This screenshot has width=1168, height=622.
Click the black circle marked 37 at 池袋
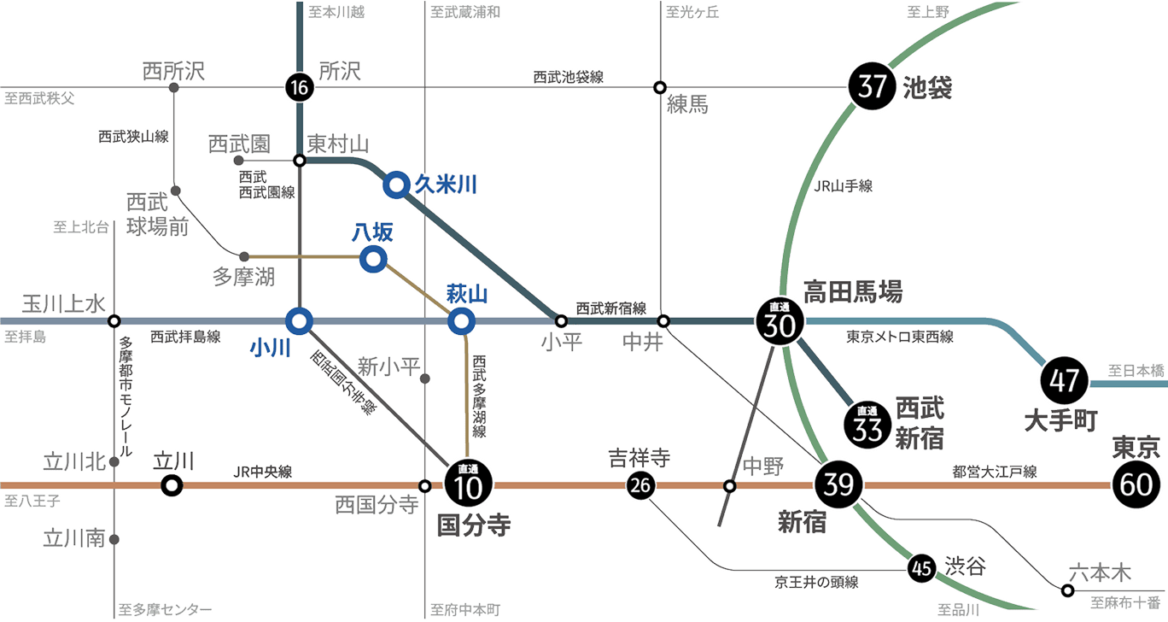tap(872, 87)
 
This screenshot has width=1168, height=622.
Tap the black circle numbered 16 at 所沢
tap(298, 87)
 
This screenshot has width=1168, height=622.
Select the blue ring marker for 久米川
tap(396, 185)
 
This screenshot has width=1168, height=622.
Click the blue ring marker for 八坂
tap(373, 259)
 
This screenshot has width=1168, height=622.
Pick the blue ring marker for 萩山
tap(462, 321)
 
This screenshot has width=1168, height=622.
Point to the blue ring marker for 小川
tap(299, 321)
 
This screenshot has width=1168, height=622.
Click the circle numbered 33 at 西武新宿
tap(867, 424)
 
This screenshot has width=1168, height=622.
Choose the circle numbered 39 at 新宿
tap(839, 485)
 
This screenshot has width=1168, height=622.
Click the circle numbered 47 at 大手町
tap(1064, 379)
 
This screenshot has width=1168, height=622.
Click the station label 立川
tap(173, 461)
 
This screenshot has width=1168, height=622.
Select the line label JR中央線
tap(262, 472)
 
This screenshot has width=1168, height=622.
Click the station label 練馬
tap(686, 107)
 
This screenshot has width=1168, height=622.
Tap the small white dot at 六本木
tap(1067, 590)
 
